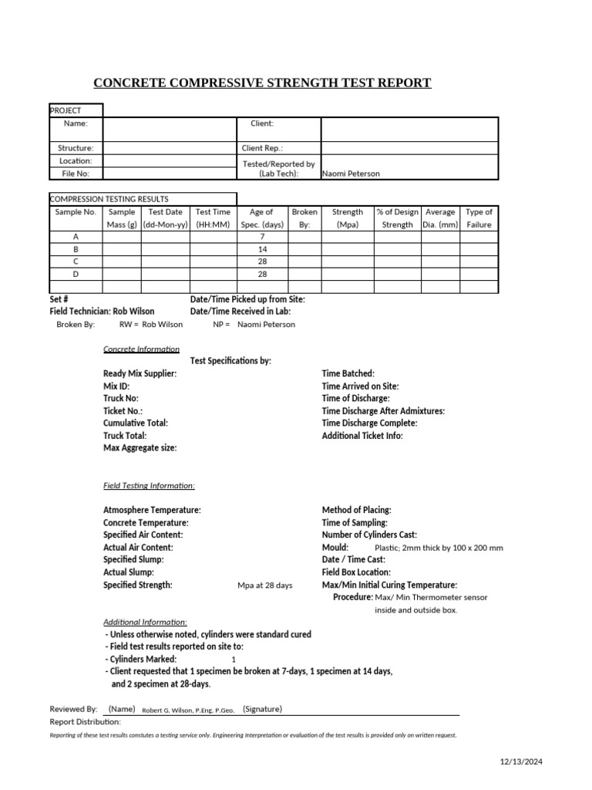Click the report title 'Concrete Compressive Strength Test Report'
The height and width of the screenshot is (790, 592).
pos(262,83)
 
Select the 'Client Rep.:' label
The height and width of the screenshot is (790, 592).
pos(262,148)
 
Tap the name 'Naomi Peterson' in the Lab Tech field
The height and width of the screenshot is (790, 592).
pos(351,174)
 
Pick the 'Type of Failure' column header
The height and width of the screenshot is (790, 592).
pos(479,218)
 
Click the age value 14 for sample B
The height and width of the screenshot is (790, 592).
pos(261,250)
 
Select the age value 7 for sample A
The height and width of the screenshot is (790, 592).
pos(261,238)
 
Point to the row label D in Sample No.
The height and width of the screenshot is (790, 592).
pos(76,275)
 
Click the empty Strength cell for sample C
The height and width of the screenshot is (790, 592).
pos(347,262)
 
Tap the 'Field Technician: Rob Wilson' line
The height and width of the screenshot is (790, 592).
pos(102,312)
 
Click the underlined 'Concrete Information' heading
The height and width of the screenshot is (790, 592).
pos(141,349)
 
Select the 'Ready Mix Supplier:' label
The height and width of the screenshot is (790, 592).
pos(140,373)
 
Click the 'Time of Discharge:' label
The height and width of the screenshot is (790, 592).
pos(355,398)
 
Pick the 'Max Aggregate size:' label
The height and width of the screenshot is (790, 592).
pos(140,447)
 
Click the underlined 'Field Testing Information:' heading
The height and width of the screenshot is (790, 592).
pos(149,485)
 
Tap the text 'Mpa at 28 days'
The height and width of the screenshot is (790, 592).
pos(264,586)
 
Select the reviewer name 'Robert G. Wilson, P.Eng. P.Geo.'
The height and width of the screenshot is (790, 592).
pos(188,710)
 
